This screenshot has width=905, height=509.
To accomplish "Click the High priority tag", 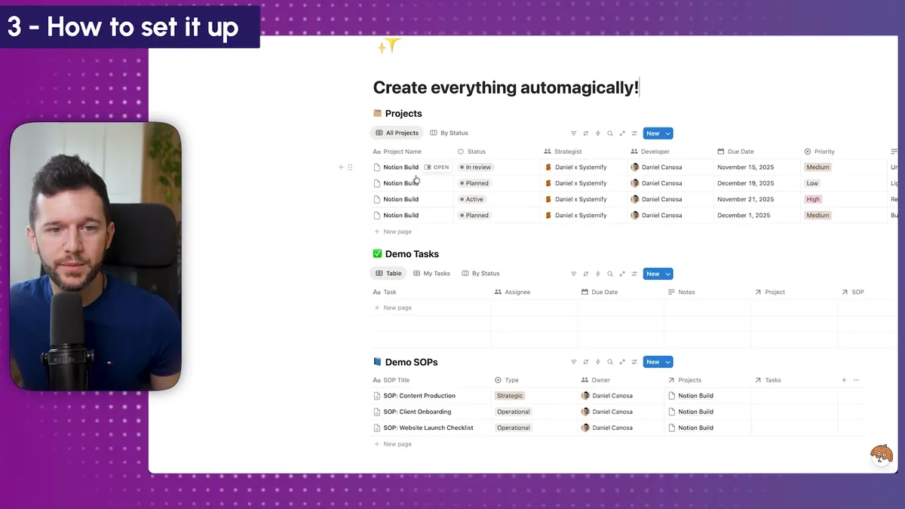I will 813,199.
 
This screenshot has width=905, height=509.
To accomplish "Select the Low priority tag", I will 812,183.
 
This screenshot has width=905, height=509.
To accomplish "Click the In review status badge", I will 476,167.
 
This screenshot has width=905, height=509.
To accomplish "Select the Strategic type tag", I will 510,396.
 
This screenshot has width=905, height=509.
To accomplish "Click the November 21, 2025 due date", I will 745,199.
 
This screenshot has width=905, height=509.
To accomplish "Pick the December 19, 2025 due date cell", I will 745,183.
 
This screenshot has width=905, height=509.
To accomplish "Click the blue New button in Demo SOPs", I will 652,362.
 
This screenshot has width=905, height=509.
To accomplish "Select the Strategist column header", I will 568,152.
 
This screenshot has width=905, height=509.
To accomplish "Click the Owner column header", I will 600,380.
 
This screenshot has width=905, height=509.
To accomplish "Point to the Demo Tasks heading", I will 412,254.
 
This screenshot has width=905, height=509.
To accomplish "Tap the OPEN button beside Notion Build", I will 437,167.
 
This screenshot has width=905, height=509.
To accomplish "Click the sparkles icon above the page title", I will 388,48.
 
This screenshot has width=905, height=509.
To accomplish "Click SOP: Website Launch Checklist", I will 428,428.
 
